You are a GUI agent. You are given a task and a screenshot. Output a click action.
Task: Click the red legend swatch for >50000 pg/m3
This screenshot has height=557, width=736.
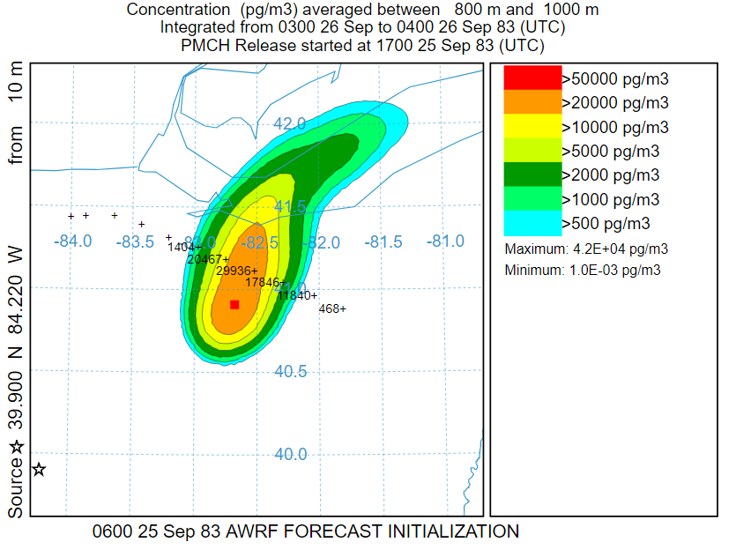click(x=532, y=78)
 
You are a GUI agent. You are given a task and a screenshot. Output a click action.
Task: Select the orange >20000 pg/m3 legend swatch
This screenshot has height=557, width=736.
click(x=532, y=101)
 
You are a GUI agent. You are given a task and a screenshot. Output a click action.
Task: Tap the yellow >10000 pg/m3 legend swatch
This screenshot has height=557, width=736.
click(x=532, y=126)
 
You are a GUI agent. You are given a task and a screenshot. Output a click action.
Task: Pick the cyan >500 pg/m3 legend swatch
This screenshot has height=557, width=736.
click(x=532, y=222)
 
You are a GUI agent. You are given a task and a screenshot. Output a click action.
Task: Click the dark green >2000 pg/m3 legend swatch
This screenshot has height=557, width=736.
click(x=532, y=175)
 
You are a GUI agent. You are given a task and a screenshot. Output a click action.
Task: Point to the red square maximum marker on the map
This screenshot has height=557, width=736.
click(x=234, y=305)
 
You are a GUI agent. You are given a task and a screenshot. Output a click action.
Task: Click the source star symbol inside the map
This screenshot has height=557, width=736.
click(x=39, y=469)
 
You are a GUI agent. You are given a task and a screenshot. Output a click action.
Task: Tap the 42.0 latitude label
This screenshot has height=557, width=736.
click(x=290, y=123)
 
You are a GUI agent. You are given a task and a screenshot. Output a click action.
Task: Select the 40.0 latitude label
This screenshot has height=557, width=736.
click(x=290, y=454)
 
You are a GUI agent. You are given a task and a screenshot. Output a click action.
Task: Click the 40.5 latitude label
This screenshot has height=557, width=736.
click(x=290, y=371)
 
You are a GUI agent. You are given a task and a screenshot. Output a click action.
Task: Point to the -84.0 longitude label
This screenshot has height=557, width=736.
click(x=73, y=241)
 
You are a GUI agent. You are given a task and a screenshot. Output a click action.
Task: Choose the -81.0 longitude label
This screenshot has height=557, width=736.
click(x=446, y=241)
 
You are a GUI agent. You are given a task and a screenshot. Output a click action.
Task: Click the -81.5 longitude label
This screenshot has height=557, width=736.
click(x=384, y=241)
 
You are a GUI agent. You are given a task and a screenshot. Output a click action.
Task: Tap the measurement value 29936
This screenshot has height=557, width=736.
click(x=234, y=271)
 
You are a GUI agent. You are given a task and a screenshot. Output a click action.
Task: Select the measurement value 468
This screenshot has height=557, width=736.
click(x=330, y=309)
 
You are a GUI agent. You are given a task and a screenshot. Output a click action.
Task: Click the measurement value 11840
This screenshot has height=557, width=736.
click(x=294, y=295)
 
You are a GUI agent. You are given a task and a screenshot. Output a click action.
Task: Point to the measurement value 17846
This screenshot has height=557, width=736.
click(x=263, y=283)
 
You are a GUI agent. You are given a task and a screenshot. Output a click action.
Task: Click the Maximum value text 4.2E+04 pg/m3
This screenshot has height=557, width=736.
click(x=617, y=249)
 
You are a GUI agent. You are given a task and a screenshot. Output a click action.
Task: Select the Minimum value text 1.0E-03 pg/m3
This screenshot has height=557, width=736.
click(x=615, y=270)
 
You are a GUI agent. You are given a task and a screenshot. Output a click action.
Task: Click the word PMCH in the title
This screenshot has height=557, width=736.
click(x=205, y=45)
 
